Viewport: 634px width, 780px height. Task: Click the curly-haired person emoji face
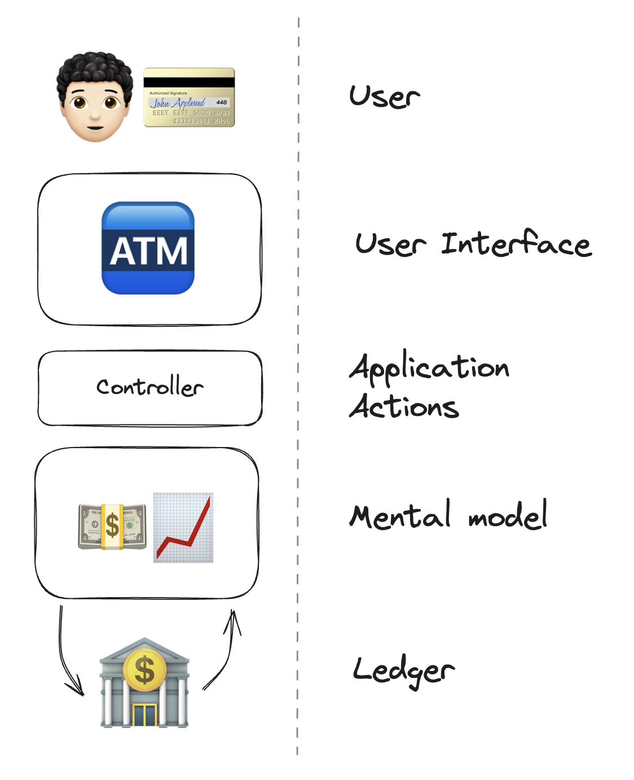(94, 97)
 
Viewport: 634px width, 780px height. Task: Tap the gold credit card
(189, 98)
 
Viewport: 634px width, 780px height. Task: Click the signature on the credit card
(177, 103)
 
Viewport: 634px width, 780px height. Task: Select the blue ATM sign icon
(148, 248)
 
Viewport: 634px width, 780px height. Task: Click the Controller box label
(149, 387)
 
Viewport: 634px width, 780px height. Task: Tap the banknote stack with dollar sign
(112, 527)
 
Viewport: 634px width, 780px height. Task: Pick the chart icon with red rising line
(183, 528)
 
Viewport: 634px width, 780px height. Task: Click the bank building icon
(144, 683)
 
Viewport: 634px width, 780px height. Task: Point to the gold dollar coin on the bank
(144, 669)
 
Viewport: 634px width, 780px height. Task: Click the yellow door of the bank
(144, 715)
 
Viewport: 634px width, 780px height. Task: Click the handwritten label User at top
(384, 97)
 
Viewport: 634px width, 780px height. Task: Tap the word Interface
(516, 244)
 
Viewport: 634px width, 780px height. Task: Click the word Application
(429, 368)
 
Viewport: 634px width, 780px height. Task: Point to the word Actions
(404, 406)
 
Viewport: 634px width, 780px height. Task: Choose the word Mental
(400, 516)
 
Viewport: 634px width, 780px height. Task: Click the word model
(508, 516)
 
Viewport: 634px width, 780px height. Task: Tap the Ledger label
(403, 671)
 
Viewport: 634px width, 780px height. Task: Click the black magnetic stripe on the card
(189, 82)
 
